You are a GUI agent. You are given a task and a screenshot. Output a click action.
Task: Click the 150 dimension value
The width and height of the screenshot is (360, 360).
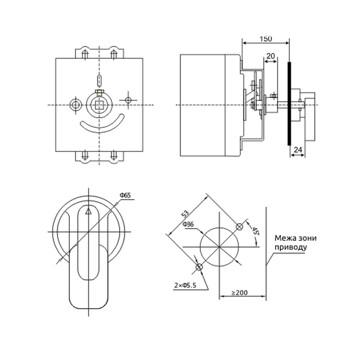click(266, 39)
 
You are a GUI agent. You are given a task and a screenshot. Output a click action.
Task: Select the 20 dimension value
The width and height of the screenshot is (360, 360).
click(271, 56)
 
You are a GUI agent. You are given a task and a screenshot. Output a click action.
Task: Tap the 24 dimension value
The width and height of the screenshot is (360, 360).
click(298, 150)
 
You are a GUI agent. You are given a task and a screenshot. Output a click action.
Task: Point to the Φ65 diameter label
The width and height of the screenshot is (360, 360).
click(125, 195)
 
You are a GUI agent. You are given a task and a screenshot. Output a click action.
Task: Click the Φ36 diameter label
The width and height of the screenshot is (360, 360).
click(188, 224)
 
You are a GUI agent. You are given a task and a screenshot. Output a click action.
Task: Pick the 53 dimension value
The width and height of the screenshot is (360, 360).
click(185, 213)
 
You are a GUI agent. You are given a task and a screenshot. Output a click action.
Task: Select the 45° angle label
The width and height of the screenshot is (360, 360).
click(255, 231)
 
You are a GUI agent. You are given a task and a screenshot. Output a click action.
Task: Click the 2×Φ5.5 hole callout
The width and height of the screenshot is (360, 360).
click(185, 285)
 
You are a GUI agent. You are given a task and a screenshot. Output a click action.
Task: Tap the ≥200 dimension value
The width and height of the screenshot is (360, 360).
click(239, 293)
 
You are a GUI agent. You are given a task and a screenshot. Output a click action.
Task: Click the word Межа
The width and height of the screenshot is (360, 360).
click(284, 238)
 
